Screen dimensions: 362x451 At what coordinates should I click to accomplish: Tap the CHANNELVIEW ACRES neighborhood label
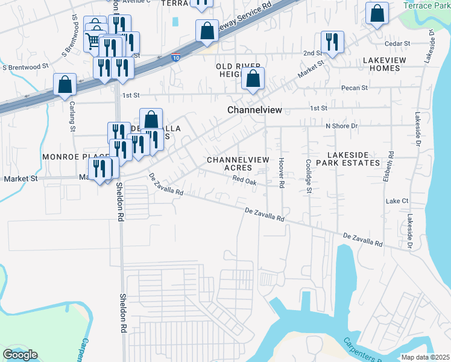coord(236,164)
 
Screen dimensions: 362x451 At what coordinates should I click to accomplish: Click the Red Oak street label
coord(245,180)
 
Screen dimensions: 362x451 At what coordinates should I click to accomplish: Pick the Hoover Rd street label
coord(281,173)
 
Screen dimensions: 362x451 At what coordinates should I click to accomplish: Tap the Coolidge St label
coord(308,176)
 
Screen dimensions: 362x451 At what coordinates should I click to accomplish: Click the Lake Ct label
coord(397,200)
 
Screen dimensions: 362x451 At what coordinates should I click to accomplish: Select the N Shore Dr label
coord(341,126)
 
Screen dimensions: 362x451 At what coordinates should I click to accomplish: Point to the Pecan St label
coord(355,88)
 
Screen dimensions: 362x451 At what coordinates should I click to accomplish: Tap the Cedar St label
coord(397,44)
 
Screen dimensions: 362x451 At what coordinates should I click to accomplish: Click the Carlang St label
coord(72,119)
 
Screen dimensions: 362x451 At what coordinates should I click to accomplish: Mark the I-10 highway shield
coord(175,59)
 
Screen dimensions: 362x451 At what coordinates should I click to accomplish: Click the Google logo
coord(20,355)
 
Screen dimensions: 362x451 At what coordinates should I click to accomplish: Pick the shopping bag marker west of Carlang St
coord(65,85)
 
